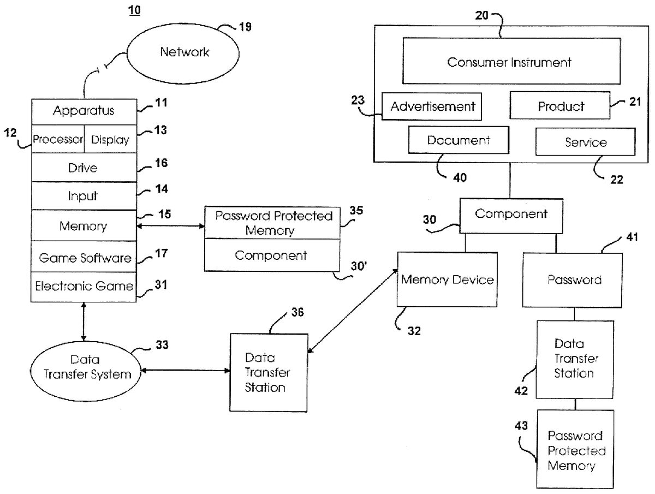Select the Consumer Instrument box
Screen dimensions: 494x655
click(x=509, y=62)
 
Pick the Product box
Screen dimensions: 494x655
click(x=560, y=106)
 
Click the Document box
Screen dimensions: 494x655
click(x=458, y=140)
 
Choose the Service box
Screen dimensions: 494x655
click(x=585, y=142)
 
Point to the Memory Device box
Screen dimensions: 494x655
click(x=447, y=279)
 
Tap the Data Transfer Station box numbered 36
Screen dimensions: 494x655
click(x=267, y=372)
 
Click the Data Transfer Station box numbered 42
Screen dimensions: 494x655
click(x=574, y=359)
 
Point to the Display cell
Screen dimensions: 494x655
click(x=110, y=140)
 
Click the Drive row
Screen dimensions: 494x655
click(x=84, y=168)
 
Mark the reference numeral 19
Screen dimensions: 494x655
click(x=245, y=27)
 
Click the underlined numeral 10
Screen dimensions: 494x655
click(x=133, y=10)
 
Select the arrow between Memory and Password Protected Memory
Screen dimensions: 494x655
click(x=170, y=224)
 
